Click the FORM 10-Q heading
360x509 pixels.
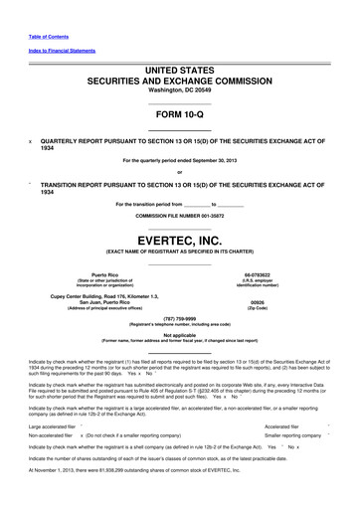click(179, 115)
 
